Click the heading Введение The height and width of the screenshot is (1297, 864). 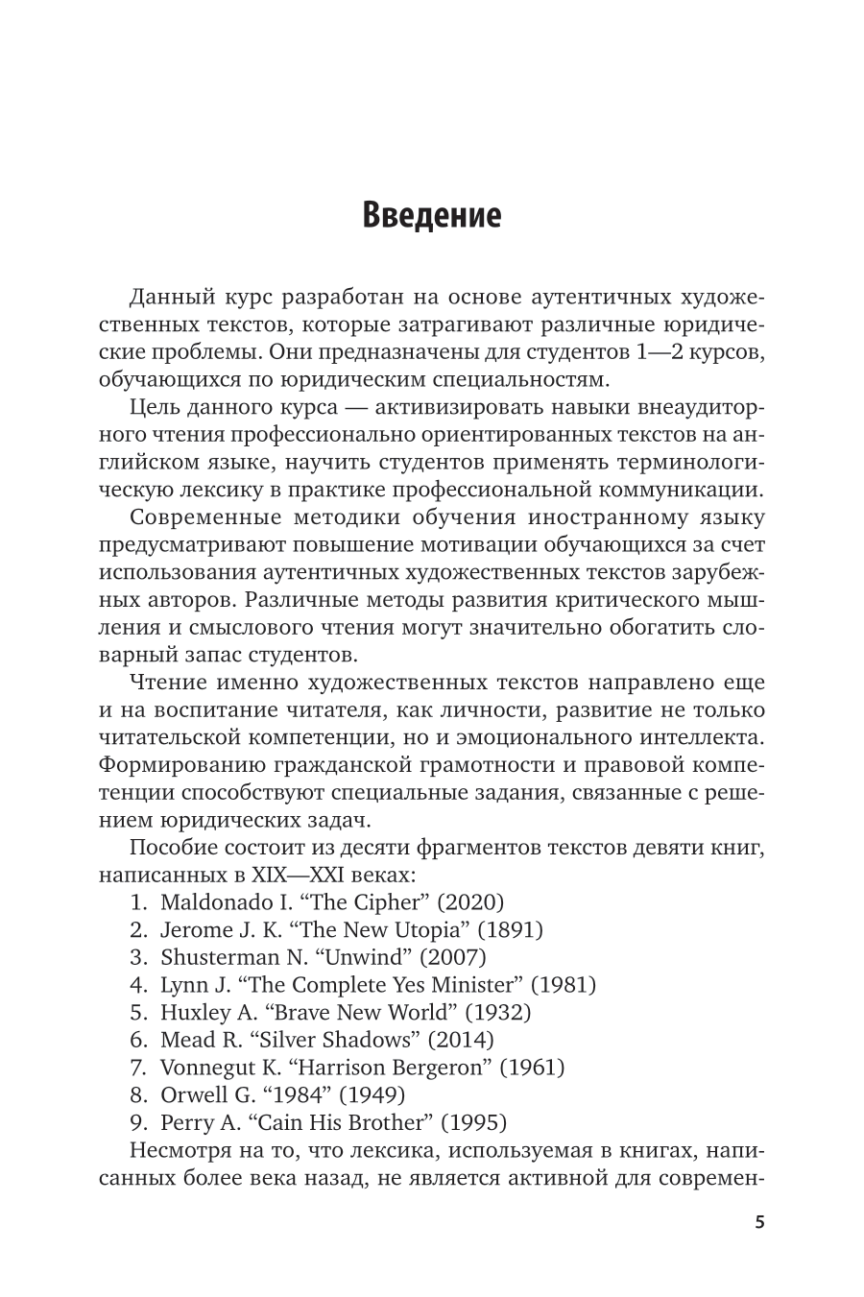[432, 214]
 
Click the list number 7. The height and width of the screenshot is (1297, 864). [135, 1068]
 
